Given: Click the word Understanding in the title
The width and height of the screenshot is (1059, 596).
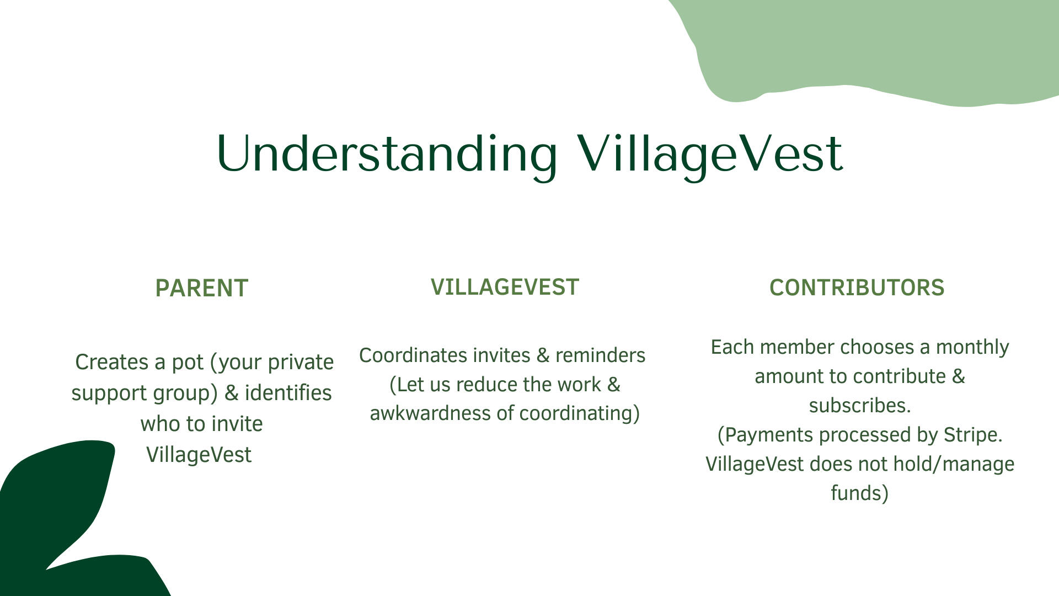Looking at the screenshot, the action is [x=387, y=155].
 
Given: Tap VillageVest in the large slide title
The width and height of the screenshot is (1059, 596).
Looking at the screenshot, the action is [x=710, y=155].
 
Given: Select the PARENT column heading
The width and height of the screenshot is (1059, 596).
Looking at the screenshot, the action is [x=202, y=288].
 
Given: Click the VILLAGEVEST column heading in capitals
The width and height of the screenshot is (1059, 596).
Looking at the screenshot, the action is [x=505, y=287].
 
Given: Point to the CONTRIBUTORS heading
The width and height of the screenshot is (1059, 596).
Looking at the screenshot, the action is [x=857, y=288].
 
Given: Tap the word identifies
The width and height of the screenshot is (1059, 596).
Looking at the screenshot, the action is [x=288, y=393].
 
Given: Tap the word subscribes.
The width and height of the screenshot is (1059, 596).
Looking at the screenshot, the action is [x=860, y=406].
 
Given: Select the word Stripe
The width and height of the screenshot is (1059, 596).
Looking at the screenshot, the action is [x=973, y=435].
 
